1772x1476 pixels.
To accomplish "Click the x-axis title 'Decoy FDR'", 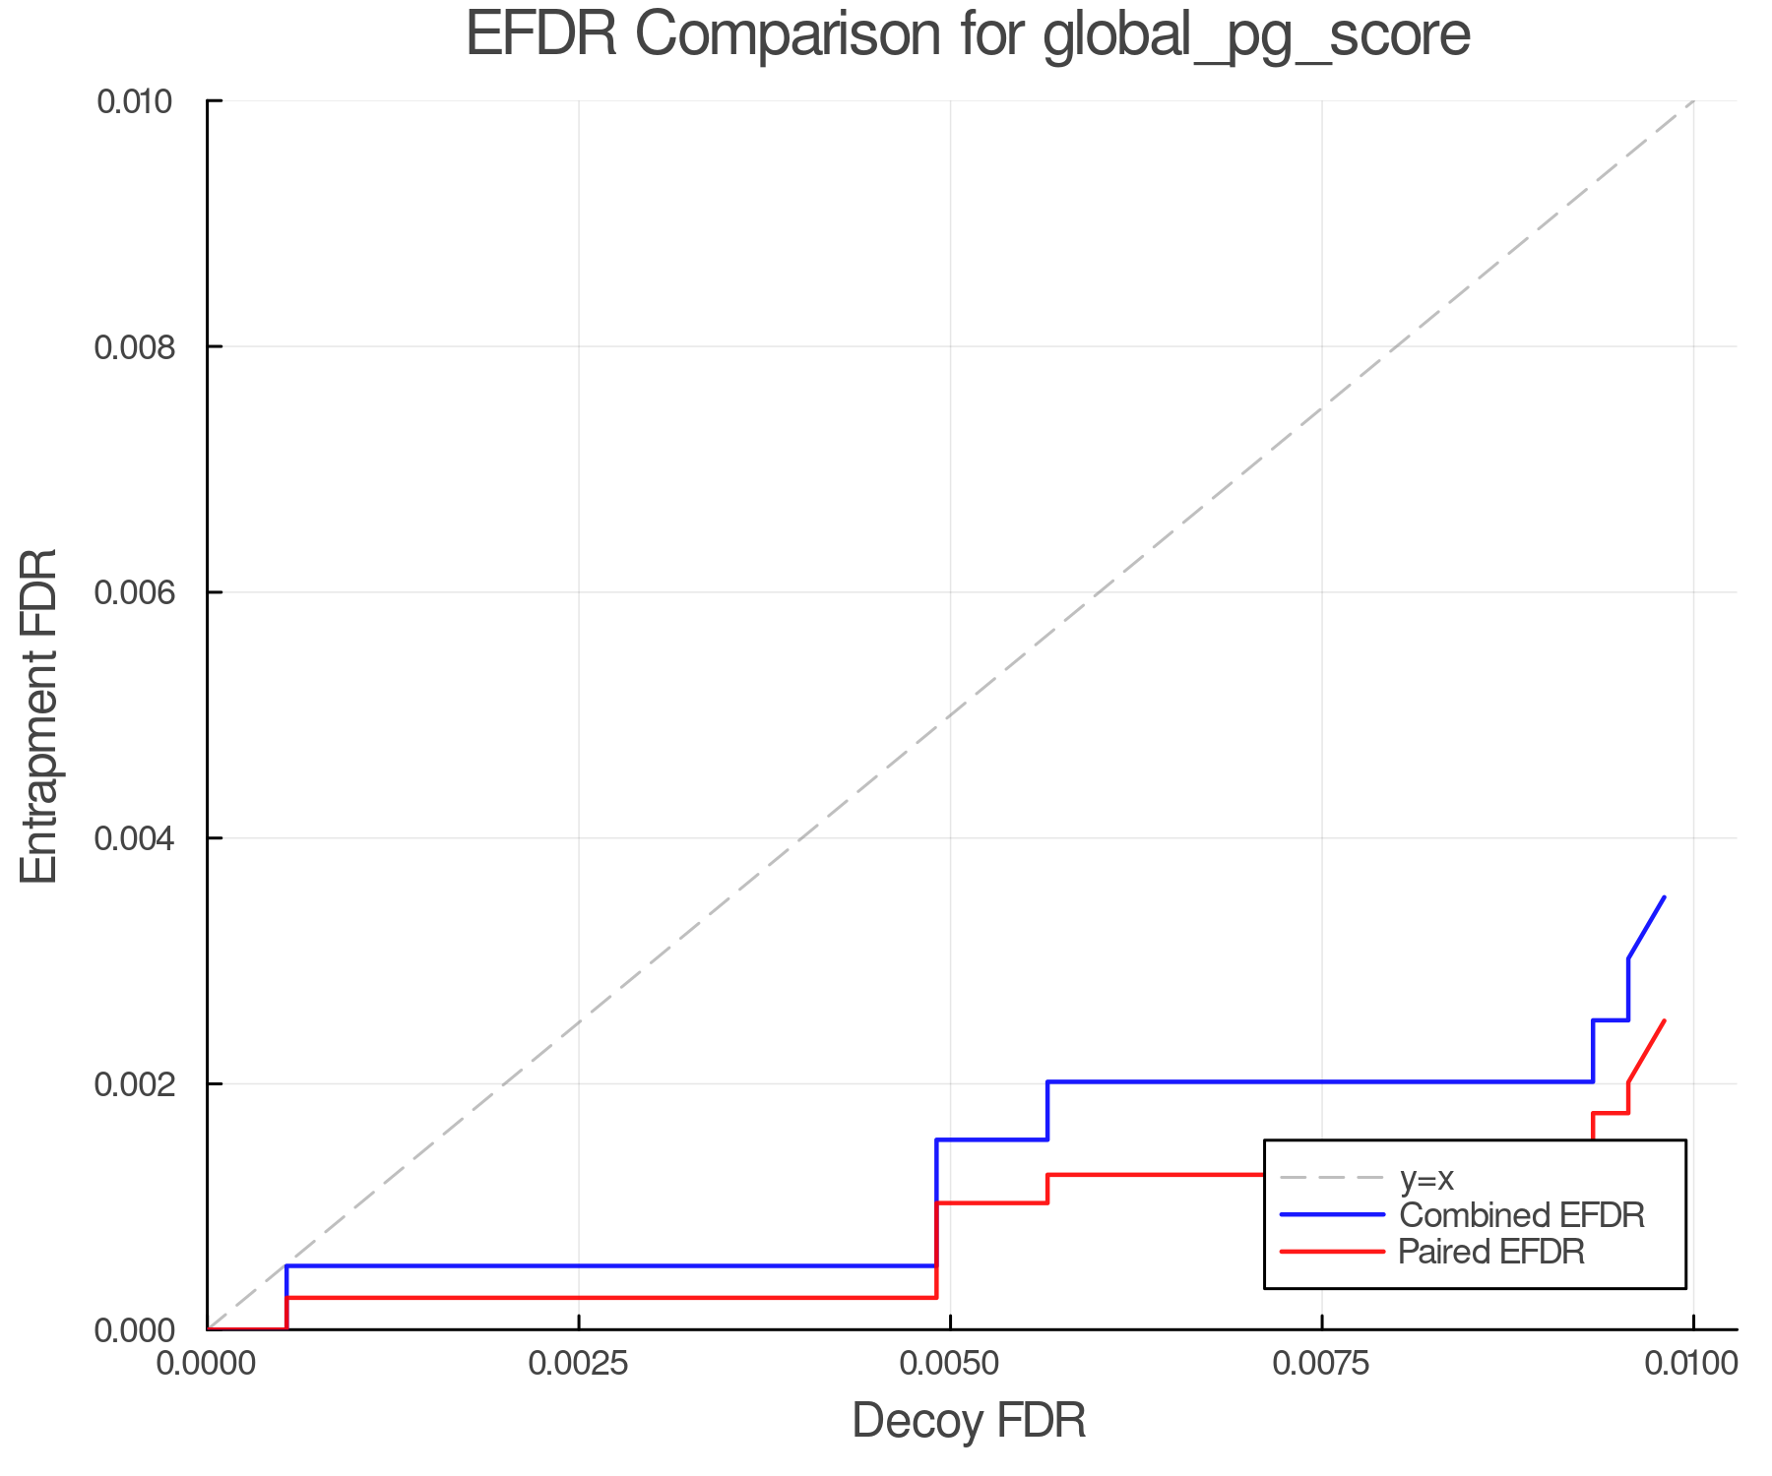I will (x=969, y=1421).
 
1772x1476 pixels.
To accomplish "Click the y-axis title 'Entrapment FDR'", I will (x=39, y=715).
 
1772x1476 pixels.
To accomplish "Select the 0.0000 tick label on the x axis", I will (x=207, y=1364).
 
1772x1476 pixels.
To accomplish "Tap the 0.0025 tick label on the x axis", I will (x=579, y=1364).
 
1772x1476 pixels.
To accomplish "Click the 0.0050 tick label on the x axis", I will (x=950, y=1364).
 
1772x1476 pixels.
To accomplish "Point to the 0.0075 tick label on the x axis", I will (x=1321, y=1364).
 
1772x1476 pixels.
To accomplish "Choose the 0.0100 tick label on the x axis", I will (x=1692, y=1364).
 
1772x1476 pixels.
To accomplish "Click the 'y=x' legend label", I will (x=1426, y=1178).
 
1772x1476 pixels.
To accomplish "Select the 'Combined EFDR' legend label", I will (x=1521, y=1215).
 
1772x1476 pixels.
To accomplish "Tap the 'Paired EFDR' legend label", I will (x=1491, y=1252).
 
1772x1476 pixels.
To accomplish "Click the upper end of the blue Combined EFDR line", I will (x=1664, y=897).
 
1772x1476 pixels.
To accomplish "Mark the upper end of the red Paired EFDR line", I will (x=1664, y=1020).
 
